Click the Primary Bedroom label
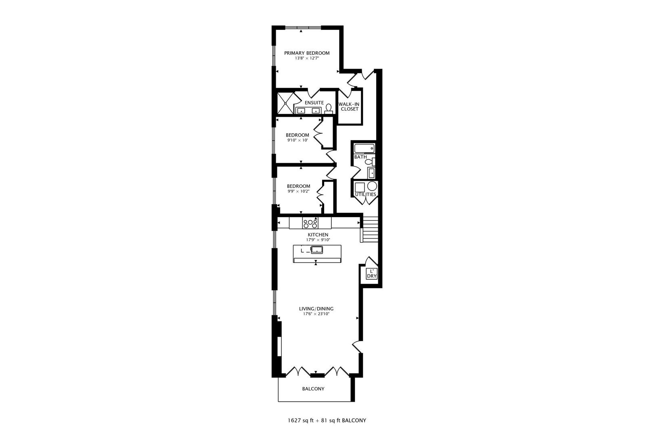pyautogui.click(x=306, y=53)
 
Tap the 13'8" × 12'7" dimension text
pyautogui.click(x=306, y=59)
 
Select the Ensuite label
pyautogui.click(x=314, y=103)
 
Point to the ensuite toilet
pyautogui.click(x=329, y=108)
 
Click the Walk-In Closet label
pyautogui.click(x=349, y=107)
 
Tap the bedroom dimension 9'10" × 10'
pyautogui.click(x=298, y=140)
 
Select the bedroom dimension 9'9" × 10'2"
pyautogui.click(x=298, y=191)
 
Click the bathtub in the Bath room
pyautogui.click(x=365, y=148)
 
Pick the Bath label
pyautogui.click(x=361, y=157)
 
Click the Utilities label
pyautogui.click(x=365, y=194)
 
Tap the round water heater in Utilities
pyautogui.click(x=372, y=186)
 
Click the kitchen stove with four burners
pyautogui.click(x=310, y=223)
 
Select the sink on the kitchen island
pyautogui.click(x=317, y=249)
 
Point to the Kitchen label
pyautogui.click(x=318, y=235)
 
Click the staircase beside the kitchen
pyautogui.click(x=370, y=228)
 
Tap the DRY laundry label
pyautogui.click(x=371, y=277)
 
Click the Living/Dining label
pyautogui.click(x=316, y=309)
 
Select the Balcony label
pyautogui.click(x=313, y=389)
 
